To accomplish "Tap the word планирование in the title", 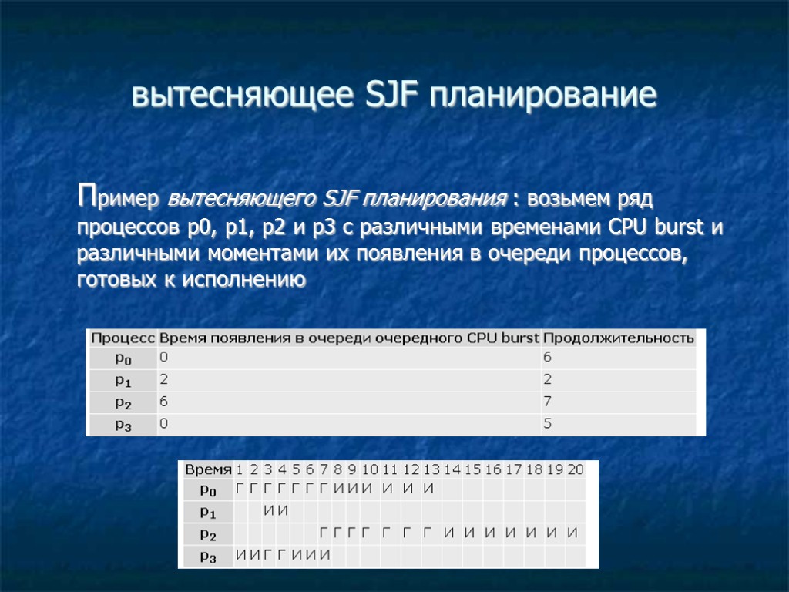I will coord(544,96).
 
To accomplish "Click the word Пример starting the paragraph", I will coord(119,200).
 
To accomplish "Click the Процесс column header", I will coord(123,338).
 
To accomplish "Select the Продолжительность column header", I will coord(619,338).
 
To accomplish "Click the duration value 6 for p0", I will coord(548,358).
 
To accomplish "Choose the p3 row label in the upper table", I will coord(123,425).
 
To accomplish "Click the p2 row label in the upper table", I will coord(123,403).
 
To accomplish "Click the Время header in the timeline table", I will coord(206,469).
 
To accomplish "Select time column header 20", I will coord(575,469).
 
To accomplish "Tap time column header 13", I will coord(431,469).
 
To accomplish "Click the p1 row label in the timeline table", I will coord(206,510).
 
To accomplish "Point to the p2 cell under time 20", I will coord(573,533).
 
